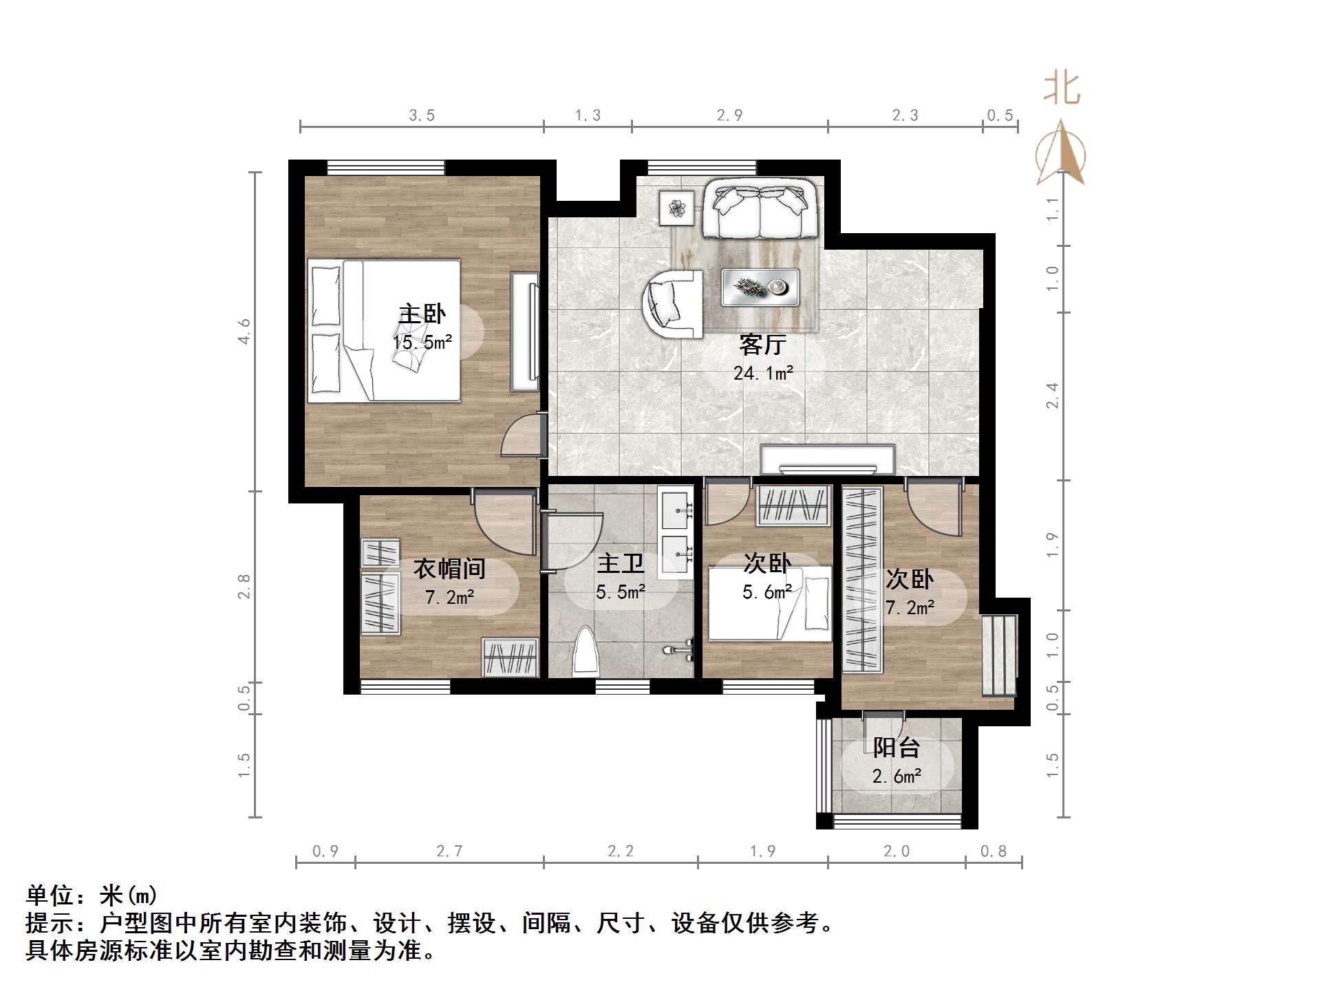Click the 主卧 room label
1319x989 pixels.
[422, 314]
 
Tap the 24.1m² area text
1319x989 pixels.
[762, 373]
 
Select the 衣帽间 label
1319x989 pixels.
[449, 569]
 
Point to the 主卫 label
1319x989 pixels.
[620, 564]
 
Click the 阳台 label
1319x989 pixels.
[896, 748]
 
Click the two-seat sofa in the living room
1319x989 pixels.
[760, 208]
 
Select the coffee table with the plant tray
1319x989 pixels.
[760, 287]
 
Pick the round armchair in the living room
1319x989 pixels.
[672, 303]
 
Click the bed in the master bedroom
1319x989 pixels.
[383, 330]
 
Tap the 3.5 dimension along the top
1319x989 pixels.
[422, 116]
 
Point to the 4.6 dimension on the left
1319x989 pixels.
[244, 331]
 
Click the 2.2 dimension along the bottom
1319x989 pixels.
[620, 851]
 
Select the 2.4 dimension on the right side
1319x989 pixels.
[1052, 395]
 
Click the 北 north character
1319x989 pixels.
[1061, 89]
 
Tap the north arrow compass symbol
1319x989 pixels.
[1061, 155]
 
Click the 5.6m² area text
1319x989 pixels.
[766, 591]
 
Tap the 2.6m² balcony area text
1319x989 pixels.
[896, 776]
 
